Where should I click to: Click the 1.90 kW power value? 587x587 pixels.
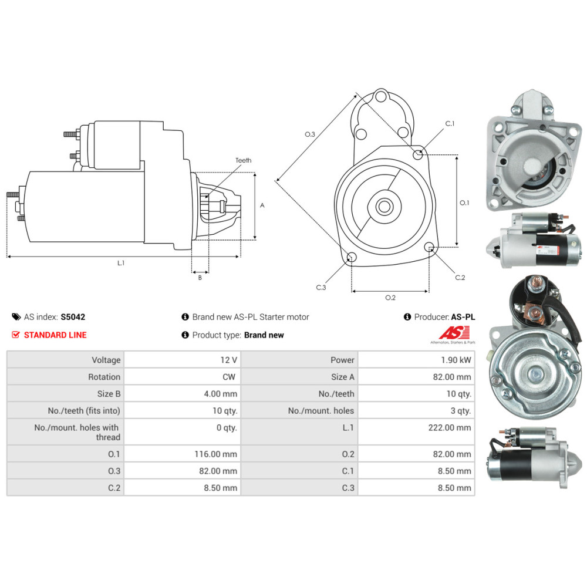point(458,360)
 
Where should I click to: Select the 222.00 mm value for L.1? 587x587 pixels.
point(450,428)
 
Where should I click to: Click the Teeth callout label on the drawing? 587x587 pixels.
point(243,160)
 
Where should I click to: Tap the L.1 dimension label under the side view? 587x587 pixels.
point(121,263)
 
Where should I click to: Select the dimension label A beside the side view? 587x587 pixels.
point(262,205)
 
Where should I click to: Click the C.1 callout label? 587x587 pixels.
point(450,124)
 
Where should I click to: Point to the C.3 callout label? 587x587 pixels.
point(321,287)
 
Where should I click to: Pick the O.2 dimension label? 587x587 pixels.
point(390,298)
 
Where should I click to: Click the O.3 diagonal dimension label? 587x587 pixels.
point(310,134)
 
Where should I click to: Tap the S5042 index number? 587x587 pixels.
point(73,317)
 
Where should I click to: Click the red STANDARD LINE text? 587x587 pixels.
point(55,335)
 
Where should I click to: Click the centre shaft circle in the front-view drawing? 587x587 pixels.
point(385,207)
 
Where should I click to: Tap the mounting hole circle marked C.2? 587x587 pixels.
point(430,247)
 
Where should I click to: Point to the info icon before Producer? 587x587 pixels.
point(407,317)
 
